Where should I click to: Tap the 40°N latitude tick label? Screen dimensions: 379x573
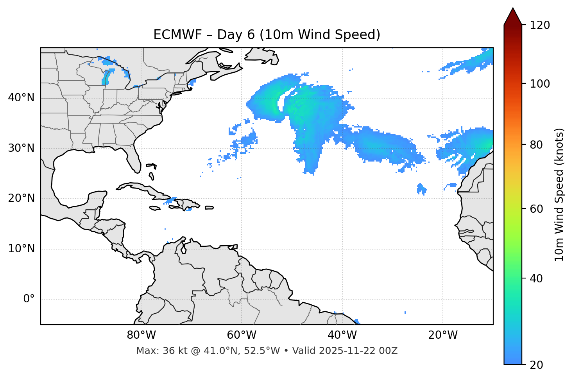coord(21,98)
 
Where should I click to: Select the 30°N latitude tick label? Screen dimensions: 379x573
coord(21,148)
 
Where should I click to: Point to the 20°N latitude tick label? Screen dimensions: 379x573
coord(21,198)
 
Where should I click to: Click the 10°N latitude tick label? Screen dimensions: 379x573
coord(21,249)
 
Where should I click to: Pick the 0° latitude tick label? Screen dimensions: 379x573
coord(29,299)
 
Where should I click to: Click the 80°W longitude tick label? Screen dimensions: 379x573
coord(141,335)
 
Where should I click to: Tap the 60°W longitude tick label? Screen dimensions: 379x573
coord(242,335)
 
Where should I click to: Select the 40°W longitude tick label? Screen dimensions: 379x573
coord(342,335)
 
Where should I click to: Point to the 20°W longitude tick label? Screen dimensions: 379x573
coord(442,335)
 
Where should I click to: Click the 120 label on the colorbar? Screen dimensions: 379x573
coord(540,25)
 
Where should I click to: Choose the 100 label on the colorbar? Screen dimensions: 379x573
coord(540,84)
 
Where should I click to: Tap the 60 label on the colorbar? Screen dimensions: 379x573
coord(537,209)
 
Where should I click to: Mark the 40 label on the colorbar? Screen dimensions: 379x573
coord(537,278)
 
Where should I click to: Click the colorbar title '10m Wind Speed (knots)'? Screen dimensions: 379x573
coord(559,194)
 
